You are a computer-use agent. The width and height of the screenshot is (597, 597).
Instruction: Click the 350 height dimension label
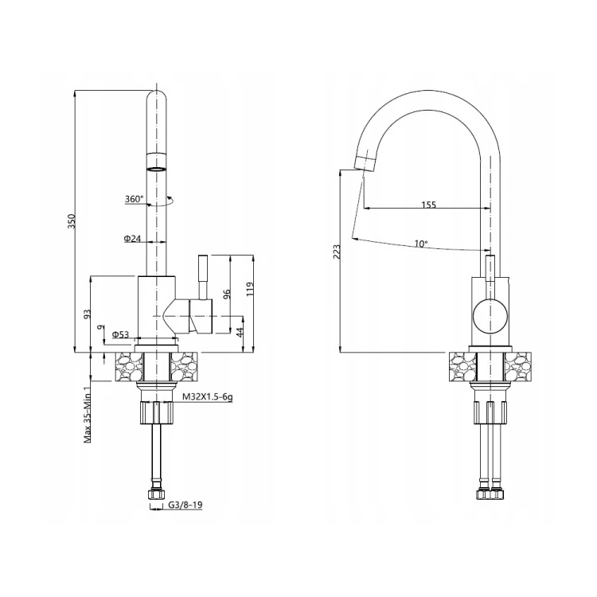point(72,221)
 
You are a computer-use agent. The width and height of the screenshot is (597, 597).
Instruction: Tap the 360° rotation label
point(135,199)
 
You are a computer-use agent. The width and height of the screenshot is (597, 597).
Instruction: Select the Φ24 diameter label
point(132,238)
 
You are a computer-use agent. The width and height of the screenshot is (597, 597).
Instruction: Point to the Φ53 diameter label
point(120,334)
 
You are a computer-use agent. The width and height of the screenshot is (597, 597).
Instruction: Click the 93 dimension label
point(88,314)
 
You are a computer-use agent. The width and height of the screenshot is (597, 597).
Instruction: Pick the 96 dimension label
point(227,294)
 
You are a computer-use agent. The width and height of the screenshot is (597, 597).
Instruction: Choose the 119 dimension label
point(250,290)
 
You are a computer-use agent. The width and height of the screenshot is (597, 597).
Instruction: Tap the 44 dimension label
point(240,332)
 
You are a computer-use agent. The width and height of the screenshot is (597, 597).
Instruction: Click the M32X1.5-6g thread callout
point(208,397)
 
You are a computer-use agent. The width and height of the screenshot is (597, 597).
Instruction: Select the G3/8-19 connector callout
point(185,505)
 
